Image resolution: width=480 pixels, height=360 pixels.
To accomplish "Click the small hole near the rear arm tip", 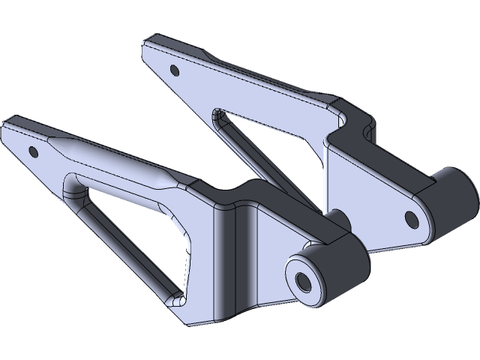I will tap(175, 70).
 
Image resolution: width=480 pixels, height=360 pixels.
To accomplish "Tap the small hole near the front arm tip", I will tap(32, 151).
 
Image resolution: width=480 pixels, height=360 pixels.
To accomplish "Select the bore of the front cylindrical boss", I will tap(304, 281).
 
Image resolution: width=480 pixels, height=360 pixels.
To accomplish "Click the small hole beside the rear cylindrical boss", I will tap(410, 218).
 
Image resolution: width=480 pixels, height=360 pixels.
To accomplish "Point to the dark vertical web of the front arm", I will tap(229, 255).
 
